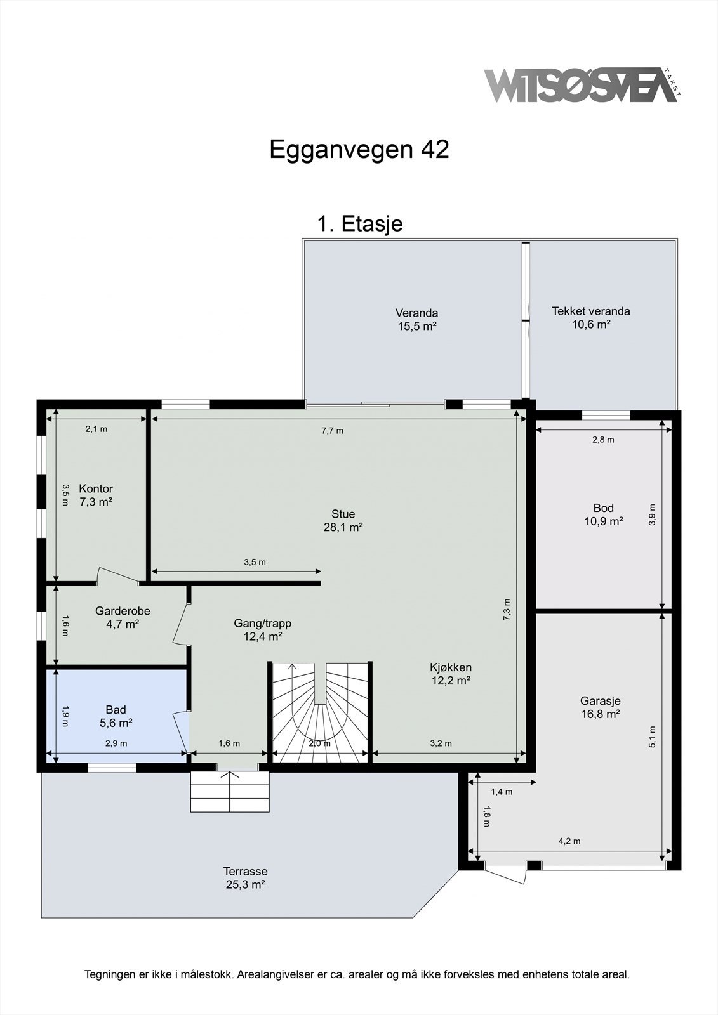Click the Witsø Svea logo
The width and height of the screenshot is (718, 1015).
[582, 85]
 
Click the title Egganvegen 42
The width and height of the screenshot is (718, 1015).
[359, 148]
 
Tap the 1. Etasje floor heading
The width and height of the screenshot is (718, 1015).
[360, 223]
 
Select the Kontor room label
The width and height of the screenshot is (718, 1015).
[96, 495]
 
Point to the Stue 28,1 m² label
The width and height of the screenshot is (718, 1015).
[343, 520]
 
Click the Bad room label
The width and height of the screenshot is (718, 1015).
[116, 716]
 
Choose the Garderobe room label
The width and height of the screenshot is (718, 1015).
[123, 617]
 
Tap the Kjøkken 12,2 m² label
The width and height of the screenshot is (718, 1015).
[451, 674]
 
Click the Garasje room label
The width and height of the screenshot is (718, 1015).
[600, 707]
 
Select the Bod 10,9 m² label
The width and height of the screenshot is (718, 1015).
[603, 514]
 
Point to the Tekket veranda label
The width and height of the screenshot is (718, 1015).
[590, 318]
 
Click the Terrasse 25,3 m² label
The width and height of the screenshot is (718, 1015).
[245, 878]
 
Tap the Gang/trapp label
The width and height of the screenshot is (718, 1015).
[263, 630]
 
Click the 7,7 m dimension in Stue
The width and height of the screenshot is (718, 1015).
[333, 431]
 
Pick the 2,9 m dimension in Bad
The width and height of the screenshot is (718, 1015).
[116, 743]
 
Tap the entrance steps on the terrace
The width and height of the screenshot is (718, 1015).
[230, 791]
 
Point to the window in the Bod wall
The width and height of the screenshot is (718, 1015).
[606, 415]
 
